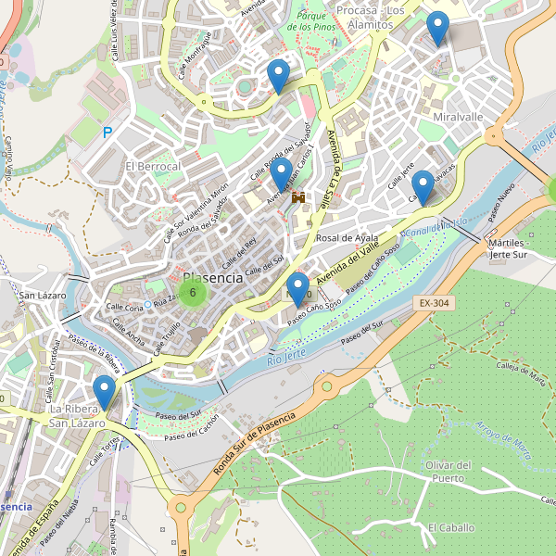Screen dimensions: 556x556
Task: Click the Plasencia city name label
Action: tap(213, 277)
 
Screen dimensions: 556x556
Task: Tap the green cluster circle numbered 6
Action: tap(192, 294)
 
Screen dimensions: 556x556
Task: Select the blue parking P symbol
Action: tap(107, 133)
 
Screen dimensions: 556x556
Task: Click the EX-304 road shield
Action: tap(432, 302)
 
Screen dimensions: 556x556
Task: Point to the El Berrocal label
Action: tap(152, 166)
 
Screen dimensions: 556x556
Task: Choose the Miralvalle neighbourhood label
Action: tap(458, 118)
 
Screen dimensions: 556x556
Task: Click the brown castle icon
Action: tap(298, 197)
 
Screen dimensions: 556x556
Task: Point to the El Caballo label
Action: tap(450, 527)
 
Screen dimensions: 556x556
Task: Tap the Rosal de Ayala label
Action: tap(347, 238)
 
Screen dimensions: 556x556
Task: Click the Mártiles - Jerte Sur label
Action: tap(520, 247)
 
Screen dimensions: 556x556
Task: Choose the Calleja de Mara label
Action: tap(520, 371)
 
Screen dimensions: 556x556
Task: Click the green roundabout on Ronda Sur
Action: tap(326, 385)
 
